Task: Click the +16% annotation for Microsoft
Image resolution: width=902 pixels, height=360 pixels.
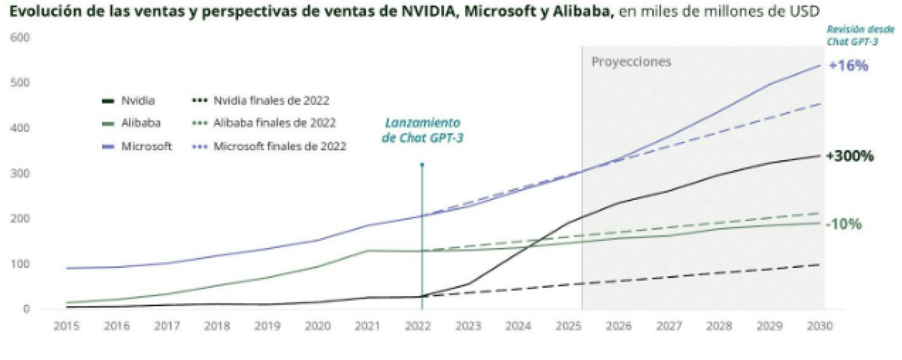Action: (848, 66)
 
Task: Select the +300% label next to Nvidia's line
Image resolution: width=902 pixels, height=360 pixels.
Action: (850, 156)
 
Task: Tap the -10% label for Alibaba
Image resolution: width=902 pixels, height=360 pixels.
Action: (844, 224)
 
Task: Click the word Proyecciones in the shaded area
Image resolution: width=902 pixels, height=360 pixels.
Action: (631, 62)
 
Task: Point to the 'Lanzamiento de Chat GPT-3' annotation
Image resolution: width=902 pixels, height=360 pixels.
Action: (422, 131)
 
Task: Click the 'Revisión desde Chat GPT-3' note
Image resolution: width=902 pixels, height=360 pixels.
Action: (860, 35)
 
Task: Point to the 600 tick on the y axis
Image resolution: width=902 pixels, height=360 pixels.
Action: (20, 38)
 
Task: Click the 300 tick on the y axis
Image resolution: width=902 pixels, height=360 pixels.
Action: (20, 173)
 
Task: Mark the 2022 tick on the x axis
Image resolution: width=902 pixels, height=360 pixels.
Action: (418, 326)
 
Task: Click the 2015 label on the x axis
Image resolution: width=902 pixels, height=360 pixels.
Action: (67, 326)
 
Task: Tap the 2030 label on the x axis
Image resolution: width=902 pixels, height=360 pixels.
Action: (820, 326)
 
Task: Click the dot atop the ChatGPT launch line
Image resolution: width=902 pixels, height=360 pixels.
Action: (422, 165)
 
